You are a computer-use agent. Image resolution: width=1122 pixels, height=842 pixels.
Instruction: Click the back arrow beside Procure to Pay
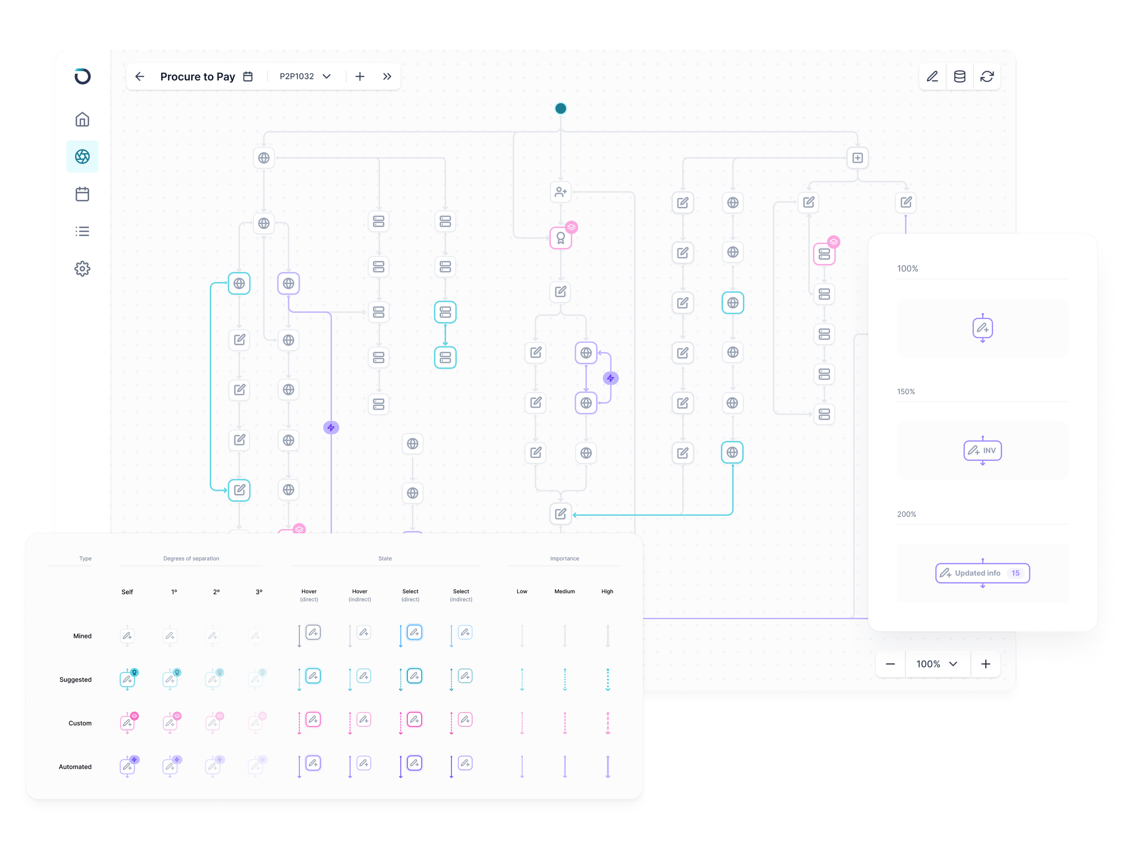coord(140,76)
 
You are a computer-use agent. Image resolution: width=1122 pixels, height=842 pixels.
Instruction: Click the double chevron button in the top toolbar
coord(387,76)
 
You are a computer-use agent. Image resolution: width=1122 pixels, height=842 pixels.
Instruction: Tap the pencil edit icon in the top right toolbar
coord(932,76)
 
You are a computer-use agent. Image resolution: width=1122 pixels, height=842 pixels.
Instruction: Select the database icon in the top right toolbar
coord(960,76)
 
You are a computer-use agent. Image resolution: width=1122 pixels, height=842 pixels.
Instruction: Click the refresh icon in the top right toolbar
coord(987,76)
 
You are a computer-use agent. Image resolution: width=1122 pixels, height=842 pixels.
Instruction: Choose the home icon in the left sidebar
coord(82,119)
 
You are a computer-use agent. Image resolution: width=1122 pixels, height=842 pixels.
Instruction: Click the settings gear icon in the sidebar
coord(82,269)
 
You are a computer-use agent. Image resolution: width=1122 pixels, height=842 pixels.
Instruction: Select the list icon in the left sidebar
coord(82,231)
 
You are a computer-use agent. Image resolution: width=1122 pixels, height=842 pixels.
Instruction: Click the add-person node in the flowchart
coord(561,192)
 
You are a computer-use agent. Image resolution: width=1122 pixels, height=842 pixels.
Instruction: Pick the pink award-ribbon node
coord(561,238)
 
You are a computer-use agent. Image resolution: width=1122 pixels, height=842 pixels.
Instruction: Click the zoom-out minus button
coord(890,664)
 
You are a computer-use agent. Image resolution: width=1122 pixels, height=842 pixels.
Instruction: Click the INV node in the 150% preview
coord(983,451)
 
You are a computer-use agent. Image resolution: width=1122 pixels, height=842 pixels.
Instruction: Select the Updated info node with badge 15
coord(983,573)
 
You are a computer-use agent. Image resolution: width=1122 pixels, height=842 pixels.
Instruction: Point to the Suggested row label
coord(76,680)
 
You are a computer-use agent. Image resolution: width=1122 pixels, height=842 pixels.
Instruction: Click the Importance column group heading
coord(564,558)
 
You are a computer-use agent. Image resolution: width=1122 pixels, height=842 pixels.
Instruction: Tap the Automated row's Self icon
coord(127,766)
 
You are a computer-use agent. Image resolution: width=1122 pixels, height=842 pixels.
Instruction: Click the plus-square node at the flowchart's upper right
coord(857,158)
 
